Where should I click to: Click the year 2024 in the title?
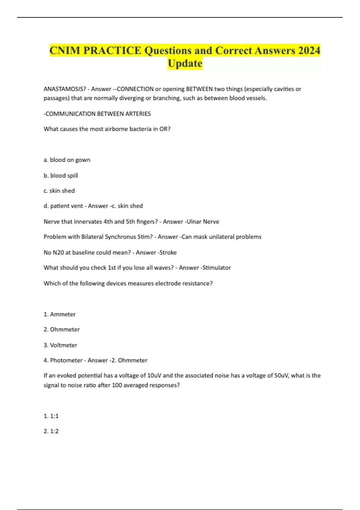[309, 50]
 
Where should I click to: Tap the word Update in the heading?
[185, 64]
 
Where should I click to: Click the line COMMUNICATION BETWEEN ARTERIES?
[97, 114]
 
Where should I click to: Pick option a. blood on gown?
[67, 160]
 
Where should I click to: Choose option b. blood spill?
[61, 175]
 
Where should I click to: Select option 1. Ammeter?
[59, 314]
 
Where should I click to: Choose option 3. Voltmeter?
[60, 345]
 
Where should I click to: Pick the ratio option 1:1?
[51, 416]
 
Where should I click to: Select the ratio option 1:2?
[51, 431]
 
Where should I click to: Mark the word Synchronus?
[120, 237]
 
